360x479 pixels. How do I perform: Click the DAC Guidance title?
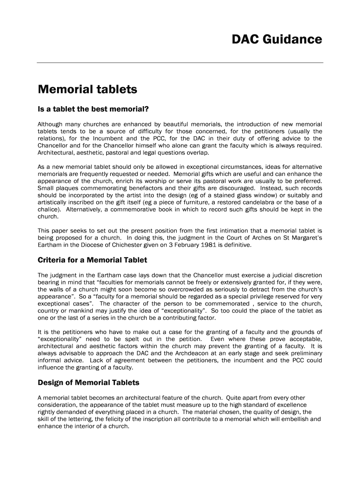tap(277, 40)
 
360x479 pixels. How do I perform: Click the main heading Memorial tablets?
tap(87, 89)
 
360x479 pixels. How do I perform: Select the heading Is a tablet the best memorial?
tap(93, 110)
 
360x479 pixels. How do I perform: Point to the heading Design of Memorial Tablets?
tap(88, 383)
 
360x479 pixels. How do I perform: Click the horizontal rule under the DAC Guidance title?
tap(180, 62)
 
